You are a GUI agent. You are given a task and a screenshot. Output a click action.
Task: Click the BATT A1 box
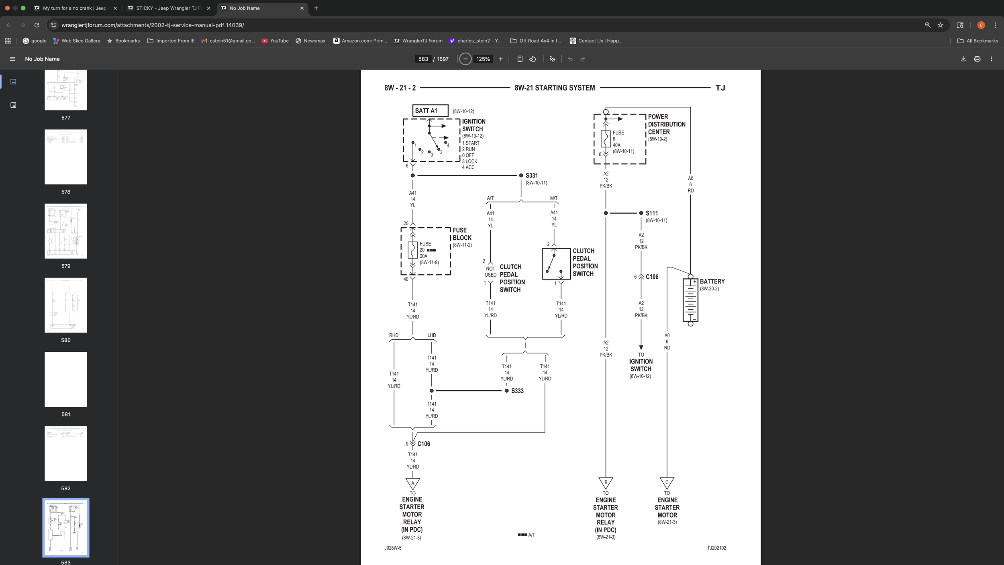(x=430, y=110)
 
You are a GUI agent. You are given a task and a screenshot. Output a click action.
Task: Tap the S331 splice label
(x=531, y=175)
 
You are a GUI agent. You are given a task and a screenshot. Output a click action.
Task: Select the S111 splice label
(x=651, y=213)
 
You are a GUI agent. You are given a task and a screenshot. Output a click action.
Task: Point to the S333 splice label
(x=517, y=391)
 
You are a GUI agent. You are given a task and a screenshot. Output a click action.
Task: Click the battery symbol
(x=690, y=300)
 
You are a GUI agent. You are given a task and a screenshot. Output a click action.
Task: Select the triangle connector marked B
(x=606, y=482)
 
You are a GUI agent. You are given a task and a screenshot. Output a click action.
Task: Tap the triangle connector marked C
(x=667, y=482)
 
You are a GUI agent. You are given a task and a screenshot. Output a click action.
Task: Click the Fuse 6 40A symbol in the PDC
(x=606, y=139)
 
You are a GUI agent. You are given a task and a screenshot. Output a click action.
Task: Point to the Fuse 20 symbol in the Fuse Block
(x=412, y=250)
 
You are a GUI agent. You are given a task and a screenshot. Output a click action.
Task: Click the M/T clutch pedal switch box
(x=556, y=264)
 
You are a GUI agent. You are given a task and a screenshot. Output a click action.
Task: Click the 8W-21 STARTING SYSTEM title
(x=555, y=88)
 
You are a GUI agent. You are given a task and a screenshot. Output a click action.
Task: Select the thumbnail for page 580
(x=66, y=305)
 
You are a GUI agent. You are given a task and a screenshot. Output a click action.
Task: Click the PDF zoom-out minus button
(x=465, y=59)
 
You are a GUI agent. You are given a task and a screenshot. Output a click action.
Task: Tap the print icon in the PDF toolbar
(x=977, y=59)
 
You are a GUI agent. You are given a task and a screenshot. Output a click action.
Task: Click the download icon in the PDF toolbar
(x=963, y=59)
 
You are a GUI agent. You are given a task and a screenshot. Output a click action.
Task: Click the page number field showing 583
(x=423, y=59)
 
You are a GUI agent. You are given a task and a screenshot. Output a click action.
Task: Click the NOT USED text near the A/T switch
(x=490, y=272)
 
